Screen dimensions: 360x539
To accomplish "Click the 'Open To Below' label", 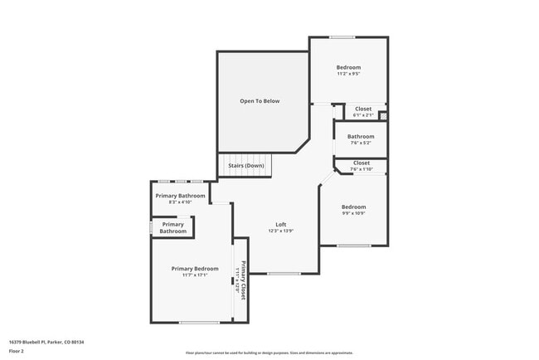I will point(260,101).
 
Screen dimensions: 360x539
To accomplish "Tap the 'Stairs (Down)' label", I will point(246,165).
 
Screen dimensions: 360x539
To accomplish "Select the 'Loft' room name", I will point(281,225).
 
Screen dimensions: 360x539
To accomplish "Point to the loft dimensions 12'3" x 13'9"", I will point(281,231).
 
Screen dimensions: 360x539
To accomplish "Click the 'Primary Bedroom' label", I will point(195,269).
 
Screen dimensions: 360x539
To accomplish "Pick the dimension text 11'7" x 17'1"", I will point(195,275).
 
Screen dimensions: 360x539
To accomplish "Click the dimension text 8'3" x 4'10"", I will point(180,202).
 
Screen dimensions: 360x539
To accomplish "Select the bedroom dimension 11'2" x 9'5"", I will point(348,74).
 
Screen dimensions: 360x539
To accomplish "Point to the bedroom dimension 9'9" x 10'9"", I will point(353,213).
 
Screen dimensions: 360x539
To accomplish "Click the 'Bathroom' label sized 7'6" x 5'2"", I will point(361,136).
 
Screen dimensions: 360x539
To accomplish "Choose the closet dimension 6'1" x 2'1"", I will point(363,114).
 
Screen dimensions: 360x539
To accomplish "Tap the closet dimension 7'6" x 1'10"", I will point(362,169).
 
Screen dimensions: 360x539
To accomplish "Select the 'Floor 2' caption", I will point(17,351).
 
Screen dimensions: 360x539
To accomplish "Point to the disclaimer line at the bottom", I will point(269,353).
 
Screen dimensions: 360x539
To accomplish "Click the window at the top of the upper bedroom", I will point(342,37).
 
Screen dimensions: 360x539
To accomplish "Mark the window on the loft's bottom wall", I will point(284,273).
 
